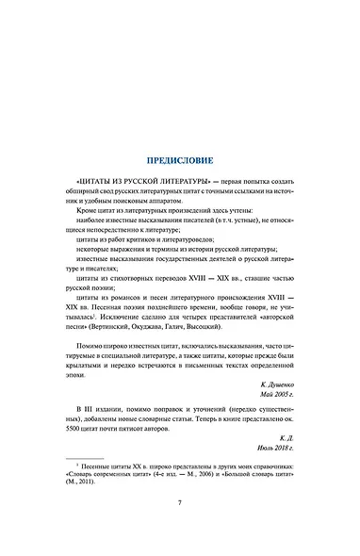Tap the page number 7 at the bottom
[x=179, y=527]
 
